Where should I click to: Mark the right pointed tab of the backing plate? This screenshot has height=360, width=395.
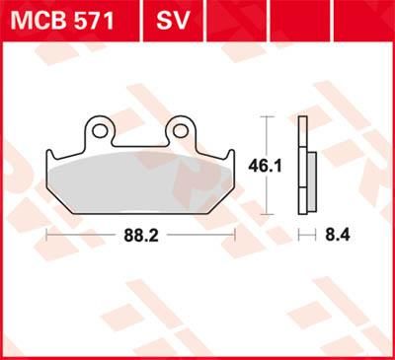[230, 158]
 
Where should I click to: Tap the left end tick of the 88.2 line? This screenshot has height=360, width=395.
[47, 234]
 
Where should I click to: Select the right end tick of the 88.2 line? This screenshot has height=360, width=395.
[235, 234]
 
